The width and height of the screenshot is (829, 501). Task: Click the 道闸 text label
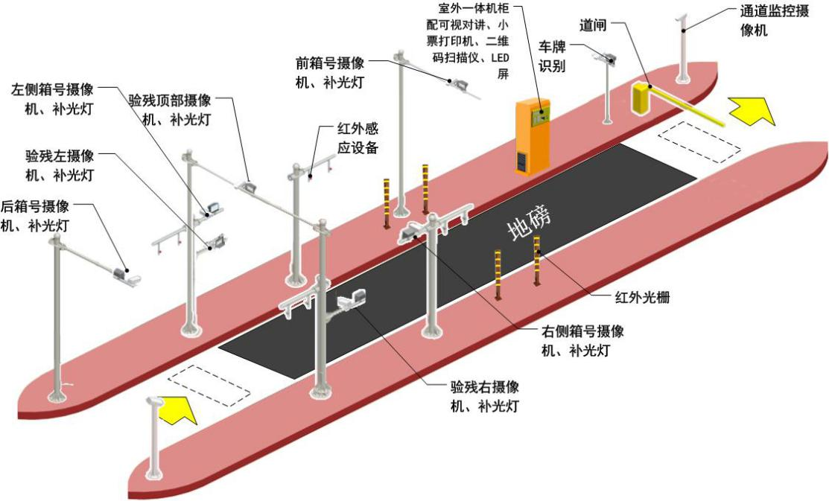593,25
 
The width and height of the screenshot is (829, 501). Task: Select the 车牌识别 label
553,55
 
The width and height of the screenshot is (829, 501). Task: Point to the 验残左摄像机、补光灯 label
60,165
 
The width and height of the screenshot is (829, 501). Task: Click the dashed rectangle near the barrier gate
699,141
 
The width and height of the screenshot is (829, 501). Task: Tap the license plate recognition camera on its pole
607,57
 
